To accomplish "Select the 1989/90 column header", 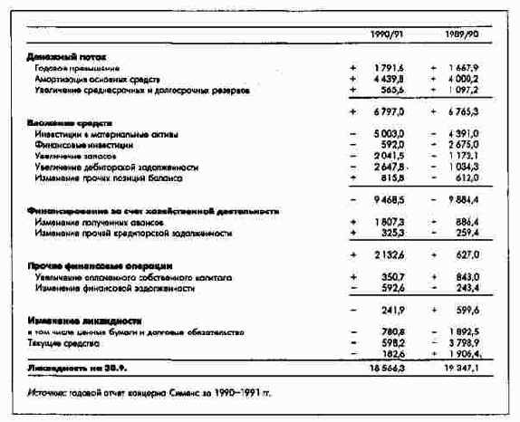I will (x=460, y=34).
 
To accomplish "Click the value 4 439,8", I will (x=388, y=80).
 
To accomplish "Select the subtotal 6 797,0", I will (x=388, y=110).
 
